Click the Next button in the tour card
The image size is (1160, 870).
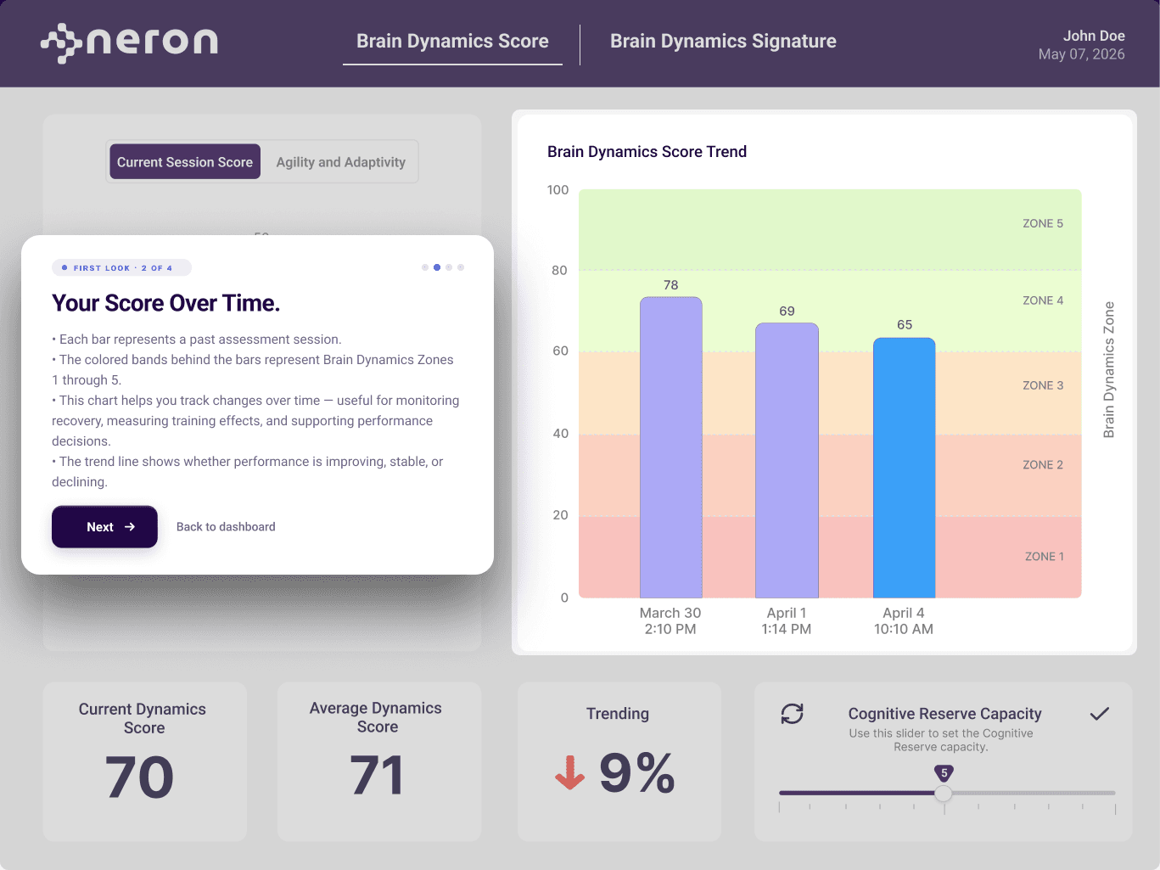coord(104,526)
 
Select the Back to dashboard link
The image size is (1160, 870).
coord(226,526)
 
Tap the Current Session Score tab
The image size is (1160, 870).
coord(185,162)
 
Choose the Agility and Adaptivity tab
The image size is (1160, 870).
coord(341,162)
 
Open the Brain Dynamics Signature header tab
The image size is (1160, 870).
coord(723,42)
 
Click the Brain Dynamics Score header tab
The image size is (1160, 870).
coord(452,42)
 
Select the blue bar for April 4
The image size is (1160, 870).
coord(905,468)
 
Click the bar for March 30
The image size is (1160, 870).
coord(671,447)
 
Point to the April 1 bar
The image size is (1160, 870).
coord(787,460)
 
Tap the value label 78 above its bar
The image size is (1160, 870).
coord(670,285)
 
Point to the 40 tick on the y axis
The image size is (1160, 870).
coord(560,434)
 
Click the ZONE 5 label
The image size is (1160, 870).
coord(1043,223)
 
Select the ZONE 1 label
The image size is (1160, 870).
coord(1045,556)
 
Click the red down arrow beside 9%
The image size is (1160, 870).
coord(569,772)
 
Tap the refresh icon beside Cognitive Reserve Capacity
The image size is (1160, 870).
coord(793,714)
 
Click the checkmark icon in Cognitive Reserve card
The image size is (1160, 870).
coord(1099,714)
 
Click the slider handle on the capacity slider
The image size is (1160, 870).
coord(944,793)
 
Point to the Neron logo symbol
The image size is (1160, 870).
coord(61,43)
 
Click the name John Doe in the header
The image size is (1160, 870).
coord(1094,36)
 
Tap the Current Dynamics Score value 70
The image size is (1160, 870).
coord(139,776)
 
